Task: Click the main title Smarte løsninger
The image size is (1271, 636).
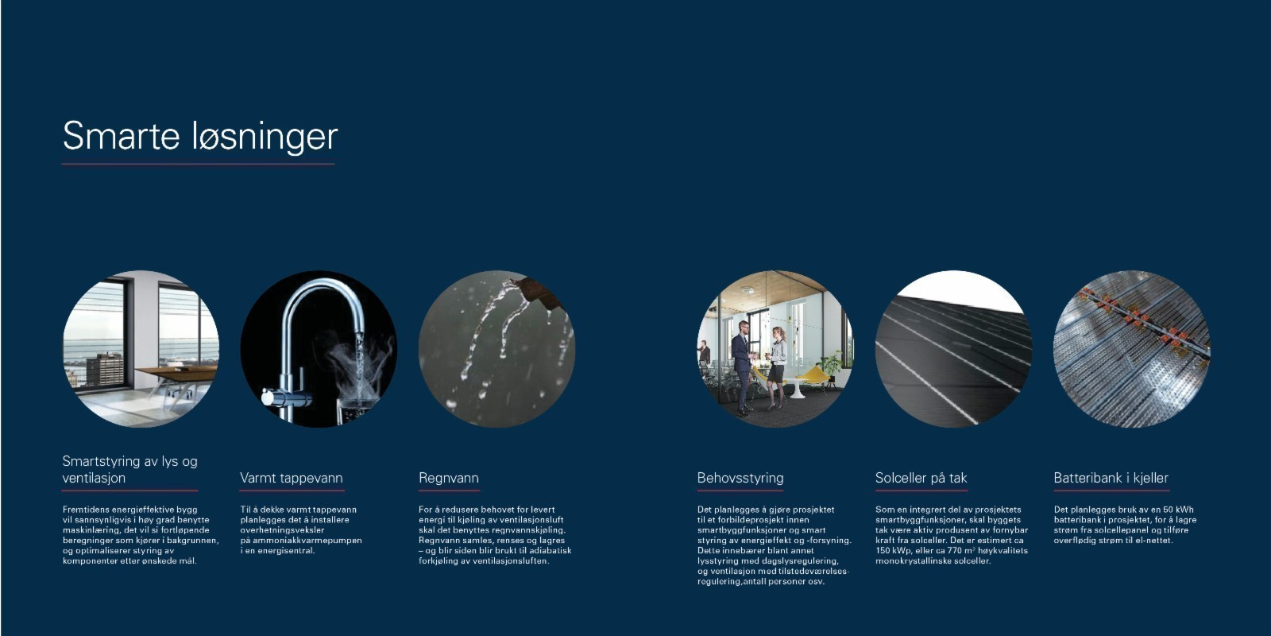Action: coord(199,136)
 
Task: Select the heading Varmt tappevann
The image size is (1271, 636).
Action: coord(291,478)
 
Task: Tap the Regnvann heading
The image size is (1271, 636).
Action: coord(449,478)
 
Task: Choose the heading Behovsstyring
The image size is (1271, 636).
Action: coord(740,478)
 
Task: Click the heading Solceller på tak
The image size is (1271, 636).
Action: coord(921,478)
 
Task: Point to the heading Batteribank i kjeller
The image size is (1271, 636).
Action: coord(1111,478)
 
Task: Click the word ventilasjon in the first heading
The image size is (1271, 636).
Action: coord(94,478)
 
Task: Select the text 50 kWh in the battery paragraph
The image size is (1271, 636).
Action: coord(1176,510)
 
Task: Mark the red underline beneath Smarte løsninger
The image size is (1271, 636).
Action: coord(198,164)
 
